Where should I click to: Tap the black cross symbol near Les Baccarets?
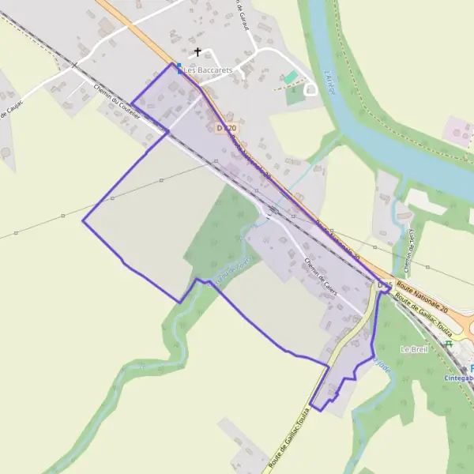[197, 52]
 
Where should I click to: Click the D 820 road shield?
[227, 128]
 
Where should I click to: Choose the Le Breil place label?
[413, 349]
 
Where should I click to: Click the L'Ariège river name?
[330, 82]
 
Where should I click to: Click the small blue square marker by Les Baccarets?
[179, 66]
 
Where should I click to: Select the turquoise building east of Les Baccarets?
[291, 77]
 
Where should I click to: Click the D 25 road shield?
[385, 284]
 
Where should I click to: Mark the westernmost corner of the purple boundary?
[83, 220]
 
